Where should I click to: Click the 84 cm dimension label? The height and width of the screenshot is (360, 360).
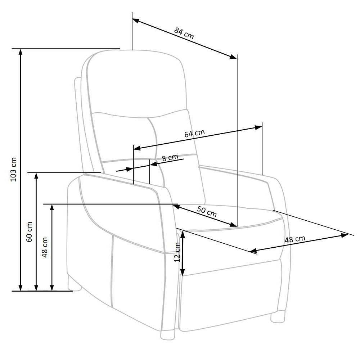pos(184,33)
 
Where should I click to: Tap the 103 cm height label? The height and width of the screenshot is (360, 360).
pos(14,170)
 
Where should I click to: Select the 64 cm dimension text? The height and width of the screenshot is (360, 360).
pos(194,134)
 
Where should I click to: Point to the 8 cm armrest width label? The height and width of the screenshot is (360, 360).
pos(170,158)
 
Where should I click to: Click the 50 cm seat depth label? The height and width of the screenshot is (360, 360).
pos(207,211)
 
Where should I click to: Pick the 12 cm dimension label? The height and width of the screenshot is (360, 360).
pos(177,252)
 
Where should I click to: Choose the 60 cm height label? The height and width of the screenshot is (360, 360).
pos(29,232)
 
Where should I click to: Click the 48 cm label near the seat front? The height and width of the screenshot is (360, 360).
pos(295,239)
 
